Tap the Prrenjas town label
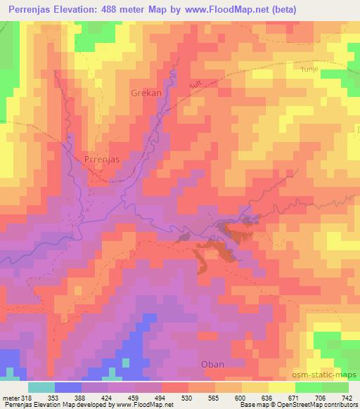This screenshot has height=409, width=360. coord(102,160)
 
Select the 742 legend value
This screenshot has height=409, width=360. coord(346,398)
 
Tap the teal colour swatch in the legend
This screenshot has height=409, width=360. coord(41,387)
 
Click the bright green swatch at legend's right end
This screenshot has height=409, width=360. coord(335,387)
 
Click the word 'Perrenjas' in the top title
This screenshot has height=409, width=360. coord(29,10)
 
